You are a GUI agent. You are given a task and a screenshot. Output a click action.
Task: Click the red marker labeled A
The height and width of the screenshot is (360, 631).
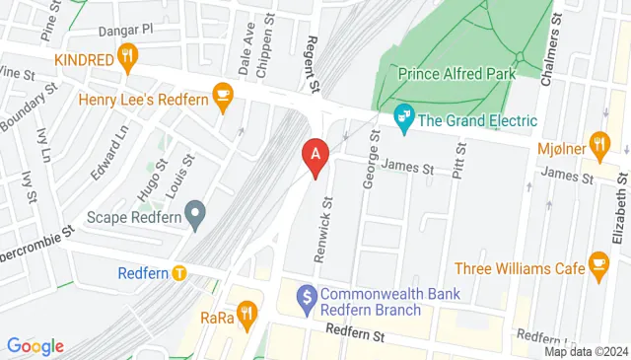click(314, 156)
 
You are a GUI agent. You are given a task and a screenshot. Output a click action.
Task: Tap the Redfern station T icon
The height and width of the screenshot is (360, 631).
click(178, 273)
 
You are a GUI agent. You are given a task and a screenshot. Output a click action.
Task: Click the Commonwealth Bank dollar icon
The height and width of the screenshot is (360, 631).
click(306, 294)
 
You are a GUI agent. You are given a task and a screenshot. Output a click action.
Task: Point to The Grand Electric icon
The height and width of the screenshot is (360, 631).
click(403, 120)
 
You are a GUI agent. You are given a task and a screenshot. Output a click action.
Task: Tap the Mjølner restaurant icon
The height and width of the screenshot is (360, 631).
click(598, 142)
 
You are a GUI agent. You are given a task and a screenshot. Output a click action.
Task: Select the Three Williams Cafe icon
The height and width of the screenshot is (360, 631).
click(598, 264)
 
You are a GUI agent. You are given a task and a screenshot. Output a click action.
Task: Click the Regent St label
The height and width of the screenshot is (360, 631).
click(313, 66)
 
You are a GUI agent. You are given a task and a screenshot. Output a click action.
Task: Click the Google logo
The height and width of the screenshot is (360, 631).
click(35, 346)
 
